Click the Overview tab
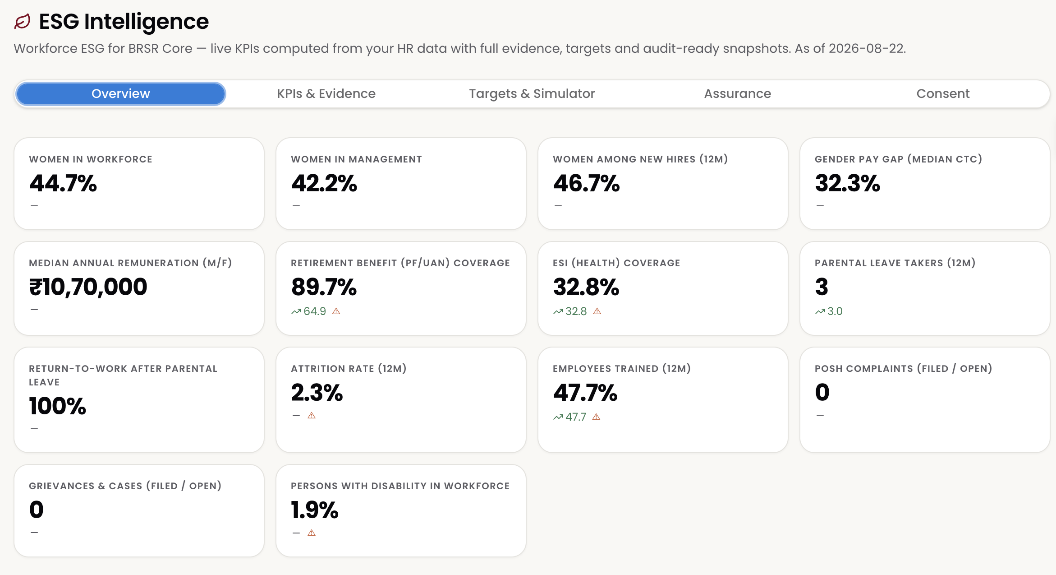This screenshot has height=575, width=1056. click(x=121, y=94)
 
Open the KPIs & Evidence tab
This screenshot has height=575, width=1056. click(x=326, y=94)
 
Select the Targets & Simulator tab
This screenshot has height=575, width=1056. click(x=532, y=94)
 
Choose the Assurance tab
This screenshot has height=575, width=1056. click(x=738, y=94)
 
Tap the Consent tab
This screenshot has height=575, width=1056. click(x=943, y=94)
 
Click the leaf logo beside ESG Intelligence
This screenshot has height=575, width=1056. click(x=23, y=22)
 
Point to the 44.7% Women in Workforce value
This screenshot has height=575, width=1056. click(x=63, y=183)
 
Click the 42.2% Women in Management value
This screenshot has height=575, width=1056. click(x=324, y=183)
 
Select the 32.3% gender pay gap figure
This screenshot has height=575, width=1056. click(x=847, y=183)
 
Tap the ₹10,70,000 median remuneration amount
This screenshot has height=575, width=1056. click(x=88, y=287)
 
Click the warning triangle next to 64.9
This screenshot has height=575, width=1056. click(x=336, y=311)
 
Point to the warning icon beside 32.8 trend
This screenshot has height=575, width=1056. click(x=597, y=311)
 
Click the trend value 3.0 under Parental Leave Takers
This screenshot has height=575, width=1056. click(x=835, y=311)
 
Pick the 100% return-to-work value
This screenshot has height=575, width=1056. click(x=58, y=406)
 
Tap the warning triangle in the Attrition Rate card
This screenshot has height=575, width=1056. click(x=312, y=416)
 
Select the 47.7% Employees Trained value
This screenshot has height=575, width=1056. click(x=585, y=393)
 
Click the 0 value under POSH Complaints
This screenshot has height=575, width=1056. click(x=822, y=392)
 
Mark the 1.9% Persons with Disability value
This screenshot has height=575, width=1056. click(x=315, y=510)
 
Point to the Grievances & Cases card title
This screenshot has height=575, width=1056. click(x=125, y=486)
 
